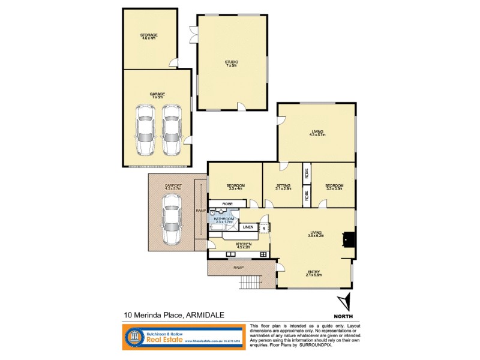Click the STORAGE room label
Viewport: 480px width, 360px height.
point(149,35)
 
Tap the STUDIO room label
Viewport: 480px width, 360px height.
point(232,62)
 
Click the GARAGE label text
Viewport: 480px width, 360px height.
point(157,94)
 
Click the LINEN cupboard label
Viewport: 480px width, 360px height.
point(248,227)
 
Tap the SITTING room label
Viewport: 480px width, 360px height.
point(284,186)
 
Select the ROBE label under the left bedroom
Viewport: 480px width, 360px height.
point(227,204)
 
